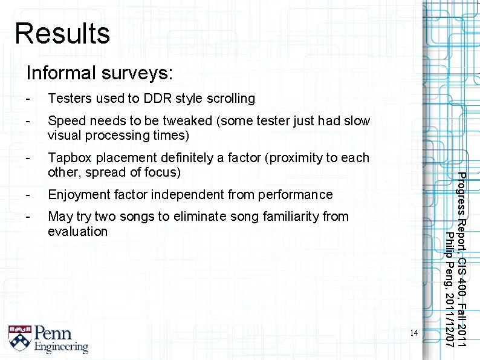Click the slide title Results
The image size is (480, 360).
pos(62,33)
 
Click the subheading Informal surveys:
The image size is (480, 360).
pos(99,73)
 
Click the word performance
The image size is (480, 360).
pos(296,195)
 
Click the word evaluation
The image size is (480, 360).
pos(77,232)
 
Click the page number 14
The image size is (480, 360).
pos(414,332)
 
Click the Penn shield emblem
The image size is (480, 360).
pos(19,338)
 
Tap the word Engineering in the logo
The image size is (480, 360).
pos(60,347)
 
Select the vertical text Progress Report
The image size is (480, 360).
pos(461,211)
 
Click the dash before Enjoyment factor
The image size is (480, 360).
pos(28,195)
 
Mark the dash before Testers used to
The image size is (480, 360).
pos(28,98)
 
